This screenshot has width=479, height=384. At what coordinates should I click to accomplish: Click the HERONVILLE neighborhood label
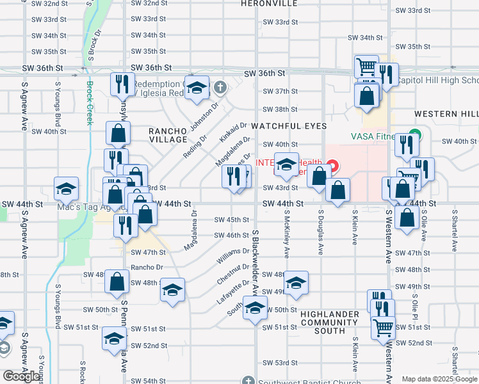tap(270, 3)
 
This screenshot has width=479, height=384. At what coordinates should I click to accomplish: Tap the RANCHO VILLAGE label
tap(168, 135)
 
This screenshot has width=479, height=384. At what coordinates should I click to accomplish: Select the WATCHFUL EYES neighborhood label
tap(289, 126)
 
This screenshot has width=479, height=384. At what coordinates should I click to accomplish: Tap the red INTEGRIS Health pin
tap(334, 165)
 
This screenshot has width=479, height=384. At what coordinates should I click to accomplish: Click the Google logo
tap(22, 376)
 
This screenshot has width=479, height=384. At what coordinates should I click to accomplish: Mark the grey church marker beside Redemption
tap(220, 87)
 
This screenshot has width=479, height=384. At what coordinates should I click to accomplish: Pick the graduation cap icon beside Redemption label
tap(198, 88)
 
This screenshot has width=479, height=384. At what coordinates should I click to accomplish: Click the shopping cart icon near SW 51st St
tap(383, 327)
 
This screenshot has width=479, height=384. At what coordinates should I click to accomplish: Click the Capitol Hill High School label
tap(437, 81)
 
